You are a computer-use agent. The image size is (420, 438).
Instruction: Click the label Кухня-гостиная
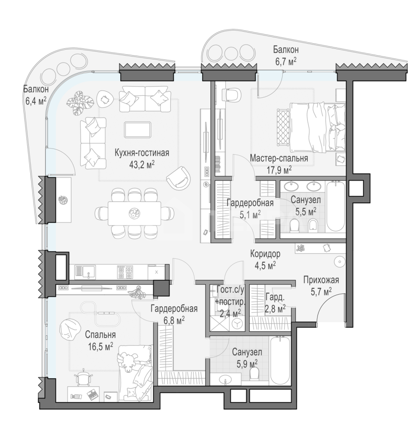142,154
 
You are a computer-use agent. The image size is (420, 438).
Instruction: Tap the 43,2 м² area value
142,165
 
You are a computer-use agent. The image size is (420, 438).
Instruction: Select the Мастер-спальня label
279,158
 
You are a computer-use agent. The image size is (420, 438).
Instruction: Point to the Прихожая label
321,280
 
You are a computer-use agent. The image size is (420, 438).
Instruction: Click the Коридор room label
265,254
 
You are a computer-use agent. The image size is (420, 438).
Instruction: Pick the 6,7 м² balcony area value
286,61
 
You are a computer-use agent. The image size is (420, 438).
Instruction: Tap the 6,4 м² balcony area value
36,101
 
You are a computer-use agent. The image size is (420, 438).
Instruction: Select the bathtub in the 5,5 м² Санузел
336,207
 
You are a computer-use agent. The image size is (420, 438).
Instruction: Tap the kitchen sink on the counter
85,272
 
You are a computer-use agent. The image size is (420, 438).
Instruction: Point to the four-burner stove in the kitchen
125,272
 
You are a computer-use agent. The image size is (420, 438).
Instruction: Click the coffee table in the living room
138,129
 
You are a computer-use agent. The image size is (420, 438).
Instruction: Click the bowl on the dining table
134,213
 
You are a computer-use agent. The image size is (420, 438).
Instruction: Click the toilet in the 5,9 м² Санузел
254,373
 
